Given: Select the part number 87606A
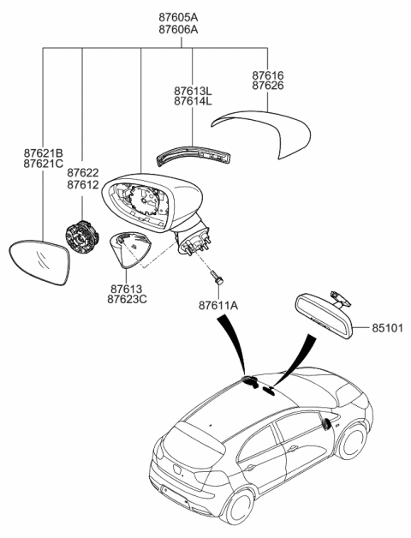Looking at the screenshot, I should tap(177, 29).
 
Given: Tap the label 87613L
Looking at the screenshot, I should tap(192, 89).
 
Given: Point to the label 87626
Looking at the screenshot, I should tap(269, 88).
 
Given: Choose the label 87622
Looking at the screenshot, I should tap(83, 172).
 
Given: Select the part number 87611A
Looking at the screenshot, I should tap(218, 304).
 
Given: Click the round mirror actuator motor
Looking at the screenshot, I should tap(82, 236).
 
